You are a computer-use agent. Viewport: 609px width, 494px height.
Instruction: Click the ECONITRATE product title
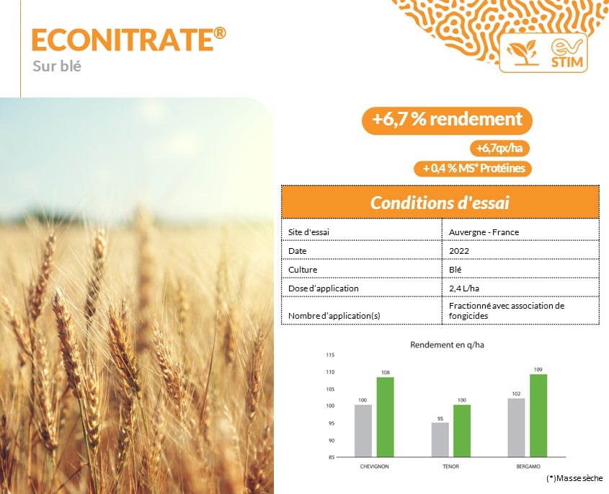coord(128,40)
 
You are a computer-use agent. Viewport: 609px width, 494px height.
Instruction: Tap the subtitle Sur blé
coord(57,66)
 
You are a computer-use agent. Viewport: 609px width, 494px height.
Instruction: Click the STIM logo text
coord(567,62)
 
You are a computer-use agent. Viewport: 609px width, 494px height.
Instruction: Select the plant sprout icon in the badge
coord(523,53)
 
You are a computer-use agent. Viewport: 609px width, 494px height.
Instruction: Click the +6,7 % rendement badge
coord(447,120)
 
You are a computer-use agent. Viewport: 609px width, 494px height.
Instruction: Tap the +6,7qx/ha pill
coord(499,148)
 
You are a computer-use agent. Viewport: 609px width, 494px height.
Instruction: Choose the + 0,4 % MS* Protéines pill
coord(473,168)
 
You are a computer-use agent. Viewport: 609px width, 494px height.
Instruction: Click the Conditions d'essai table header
coord(440,203)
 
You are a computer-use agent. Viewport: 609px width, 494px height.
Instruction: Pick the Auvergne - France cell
coord(484,232)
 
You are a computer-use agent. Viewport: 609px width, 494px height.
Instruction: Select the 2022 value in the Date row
coord(459,251)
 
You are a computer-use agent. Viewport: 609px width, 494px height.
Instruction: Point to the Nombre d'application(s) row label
coord(334,316)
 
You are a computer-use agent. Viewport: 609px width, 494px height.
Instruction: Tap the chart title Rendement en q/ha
coord(447,345)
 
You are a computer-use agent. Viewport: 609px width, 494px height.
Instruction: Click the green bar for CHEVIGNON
coord(386,417)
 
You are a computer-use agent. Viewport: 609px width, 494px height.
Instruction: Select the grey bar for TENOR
coord(440,440)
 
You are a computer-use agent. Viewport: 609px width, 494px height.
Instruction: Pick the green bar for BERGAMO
coord(538,415)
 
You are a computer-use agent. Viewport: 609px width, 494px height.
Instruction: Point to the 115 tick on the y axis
coord(330,355)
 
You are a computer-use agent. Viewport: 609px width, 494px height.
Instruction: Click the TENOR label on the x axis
coord(450,467)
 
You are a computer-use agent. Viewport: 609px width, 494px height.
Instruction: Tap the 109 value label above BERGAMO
coord(538,370)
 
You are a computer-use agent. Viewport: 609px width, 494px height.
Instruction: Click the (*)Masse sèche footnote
coord(574,478)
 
